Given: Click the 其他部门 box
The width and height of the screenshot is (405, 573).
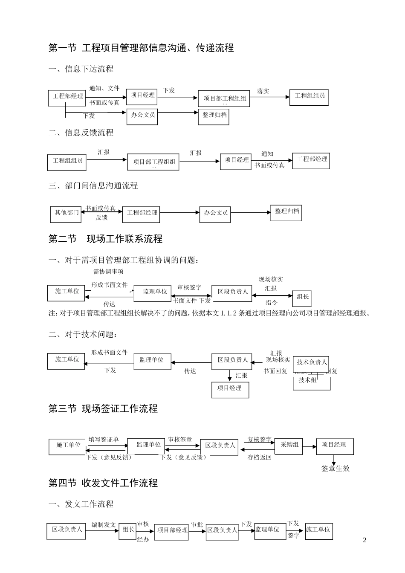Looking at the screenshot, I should coord(66,213).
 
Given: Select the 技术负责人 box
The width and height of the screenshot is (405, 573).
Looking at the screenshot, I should coord(312,362).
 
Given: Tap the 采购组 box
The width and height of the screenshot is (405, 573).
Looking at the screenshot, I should coord(289,445).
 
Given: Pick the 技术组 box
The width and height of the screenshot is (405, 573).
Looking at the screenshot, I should coord(308,380).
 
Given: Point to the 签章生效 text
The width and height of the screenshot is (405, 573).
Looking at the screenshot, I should coord(335,468).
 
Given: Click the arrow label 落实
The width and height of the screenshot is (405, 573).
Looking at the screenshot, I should coord(263,91).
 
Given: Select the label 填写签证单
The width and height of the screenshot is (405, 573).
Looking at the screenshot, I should coord(104,440).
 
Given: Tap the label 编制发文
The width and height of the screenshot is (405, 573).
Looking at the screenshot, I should coord(104,524).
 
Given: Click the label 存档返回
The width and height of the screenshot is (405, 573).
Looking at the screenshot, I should coord(259,457).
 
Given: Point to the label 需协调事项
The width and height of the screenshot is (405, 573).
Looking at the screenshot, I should coord(108,271).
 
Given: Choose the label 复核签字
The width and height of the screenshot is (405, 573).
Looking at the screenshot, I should coord(259,440).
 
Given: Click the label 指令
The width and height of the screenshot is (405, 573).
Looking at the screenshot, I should coord(272,302).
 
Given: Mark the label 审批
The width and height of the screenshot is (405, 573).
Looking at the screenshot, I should coord(197,524).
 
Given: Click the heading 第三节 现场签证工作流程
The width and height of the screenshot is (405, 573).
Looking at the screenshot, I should coord(103,409).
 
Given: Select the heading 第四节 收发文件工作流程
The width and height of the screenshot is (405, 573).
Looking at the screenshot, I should coord(103,483).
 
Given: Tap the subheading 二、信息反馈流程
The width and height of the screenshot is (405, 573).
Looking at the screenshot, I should coord(81,133).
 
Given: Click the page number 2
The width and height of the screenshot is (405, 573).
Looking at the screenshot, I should coord(364,540).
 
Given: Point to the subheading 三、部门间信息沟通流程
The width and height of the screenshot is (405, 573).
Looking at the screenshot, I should coord(93,185).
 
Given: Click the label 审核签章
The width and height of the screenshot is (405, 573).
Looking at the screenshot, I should coord(180,440).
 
